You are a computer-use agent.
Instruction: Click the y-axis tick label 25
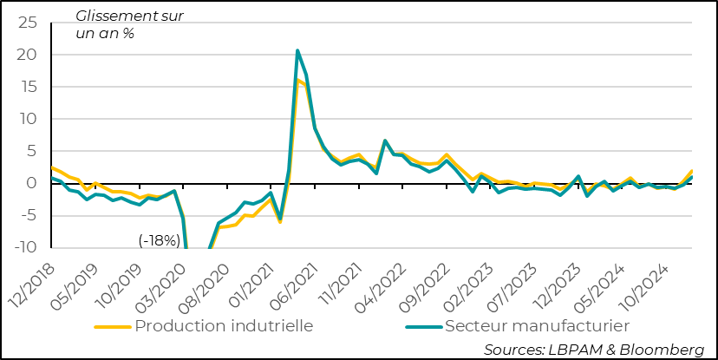[x=29, y=23]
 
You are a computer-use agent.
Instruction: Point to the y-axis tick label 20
[x=29, y=55]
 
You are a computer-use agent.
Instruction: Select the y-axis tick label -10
[x=26, y=247]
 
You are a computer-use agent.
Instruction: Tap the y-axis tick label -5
[x=29, y=215]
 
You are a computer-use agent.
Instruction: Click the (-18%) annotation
[x=160, y=240]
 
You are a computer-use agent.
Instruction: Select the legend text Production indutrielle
[x=224, y=326]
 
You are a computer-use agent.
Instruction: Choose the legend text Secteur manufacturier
[x=537, y=326]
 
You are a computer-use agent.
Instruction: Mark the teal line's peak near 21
[x=297, y=50]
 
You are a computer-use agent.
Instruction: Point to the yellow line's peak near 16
[x=297, y=81]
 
